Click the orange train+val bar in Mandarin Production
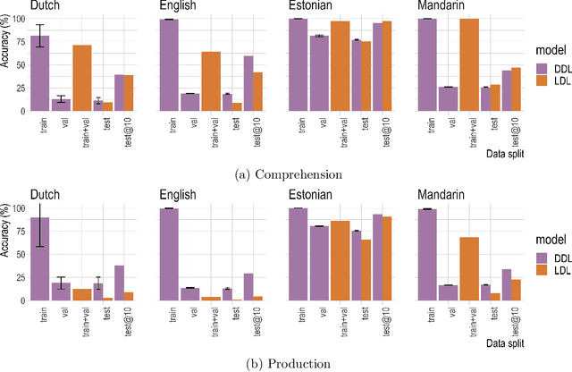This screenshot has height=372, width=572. coord(468,268)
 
